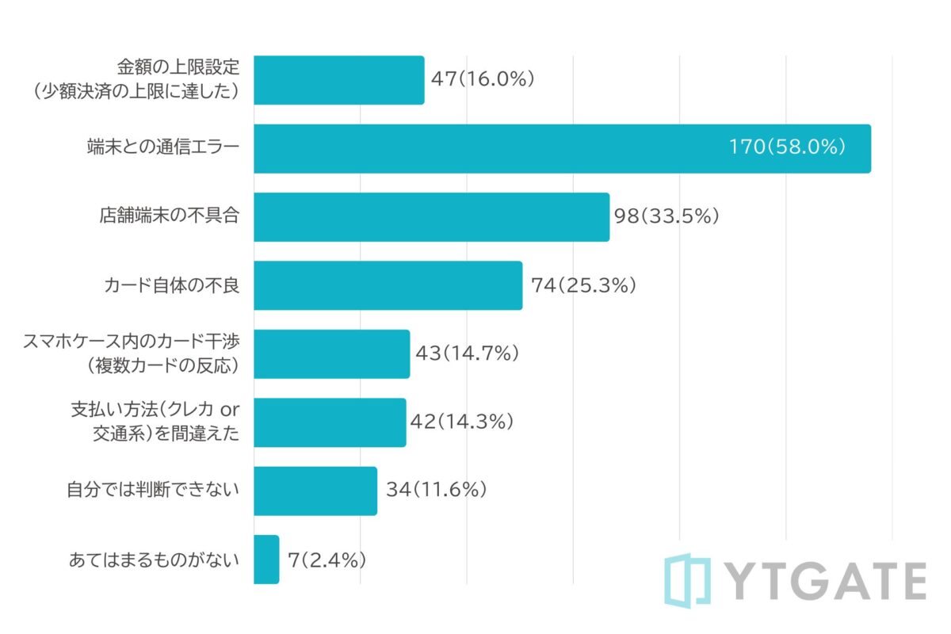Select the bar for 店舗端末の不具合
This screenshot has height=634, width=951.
pyautogui.click(x=431, y=217)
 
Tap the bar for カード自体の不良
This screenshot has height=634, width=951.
pyautogui.click(x=388, y=285)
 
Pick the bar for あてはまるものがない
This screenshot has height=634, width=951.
pyautogui.click(x=266, y=560)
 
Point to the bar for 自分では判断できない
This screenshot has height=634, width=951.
pyautogui.click(x=315, y=491)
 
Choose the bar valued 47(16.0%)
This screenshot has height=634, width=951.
pyautogui.click(x=339, y=80)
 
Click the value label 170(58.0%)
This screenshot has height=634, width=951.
pyautogui.click(x=789, y=148)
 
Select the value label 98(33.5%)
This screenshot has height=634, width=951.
pyautogui.click(x=666, y=216)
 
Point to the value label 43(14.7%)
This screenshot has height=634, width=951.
pyautogui.click(x=467, y=353)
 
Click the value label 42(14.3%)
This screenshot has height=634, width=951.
pyautogui.click(x=462, y=422)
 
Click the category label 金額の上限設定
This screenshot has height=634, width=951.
pyautogui.click(x=178, y=67)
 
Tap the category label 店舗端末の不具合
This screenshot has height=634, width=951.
pyautogui.click(x=169, y=216)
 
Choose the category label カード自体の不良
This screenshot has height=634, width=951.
pyautogui.click(x=171, y=285)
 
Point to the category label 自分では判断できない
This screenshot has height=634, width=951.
pyautogui.click(x=153, y=491)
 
